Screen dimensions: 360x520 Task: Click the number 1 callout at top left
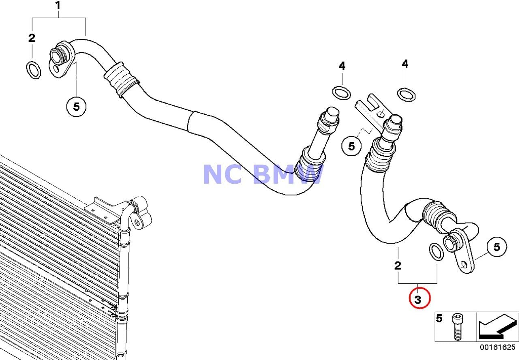(58, 6)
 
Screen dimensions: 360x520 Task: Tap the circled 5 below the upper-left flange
(77, 106)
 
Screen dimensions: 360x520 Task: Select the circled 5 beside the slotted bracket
(351, 146)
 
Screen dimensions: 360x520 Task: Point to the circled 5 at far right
(496, 246)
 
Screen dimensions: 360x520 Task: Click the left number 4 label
(342, 66)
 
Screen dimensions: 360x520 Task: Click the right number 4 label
(405, 64)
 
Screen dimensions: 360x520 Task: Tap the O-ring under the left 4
(342, 92)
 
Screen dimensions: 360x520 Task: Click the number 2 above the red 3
(398, 266)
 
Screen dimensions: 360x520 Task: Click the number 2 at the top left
(32, 38)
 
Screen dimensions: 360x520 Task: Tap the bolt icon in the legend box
(457, 327)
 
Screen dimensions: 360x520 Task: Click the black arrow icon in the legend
(497, 327)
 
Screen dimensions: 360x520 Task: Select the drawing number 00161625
(498, 347)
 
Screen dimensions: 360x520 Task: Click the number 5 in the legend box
(439, 319)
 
